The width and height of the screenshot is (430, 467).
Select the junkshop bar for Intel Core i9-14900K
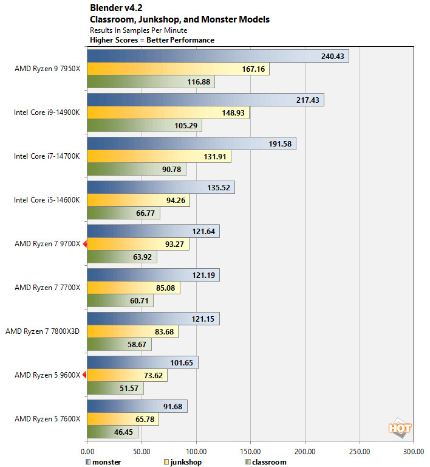(168, 113)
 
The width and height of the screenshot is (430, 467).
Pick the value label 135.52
(217, 187)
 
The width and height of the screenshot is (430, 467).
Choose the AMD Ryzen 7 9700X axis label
(47, 244)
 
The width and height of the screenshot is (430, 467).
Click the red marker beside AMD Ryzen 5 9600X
(85, 375)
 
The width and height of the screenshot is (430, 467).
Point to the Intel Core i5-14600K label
(46, 200)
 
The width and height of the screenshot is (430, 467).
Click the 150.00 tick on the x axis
(251, 452)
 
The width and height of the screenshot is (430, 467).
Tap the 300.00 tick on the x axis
(414, 452)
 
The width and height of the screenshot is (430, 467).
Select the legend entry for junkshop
(183, 462)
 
